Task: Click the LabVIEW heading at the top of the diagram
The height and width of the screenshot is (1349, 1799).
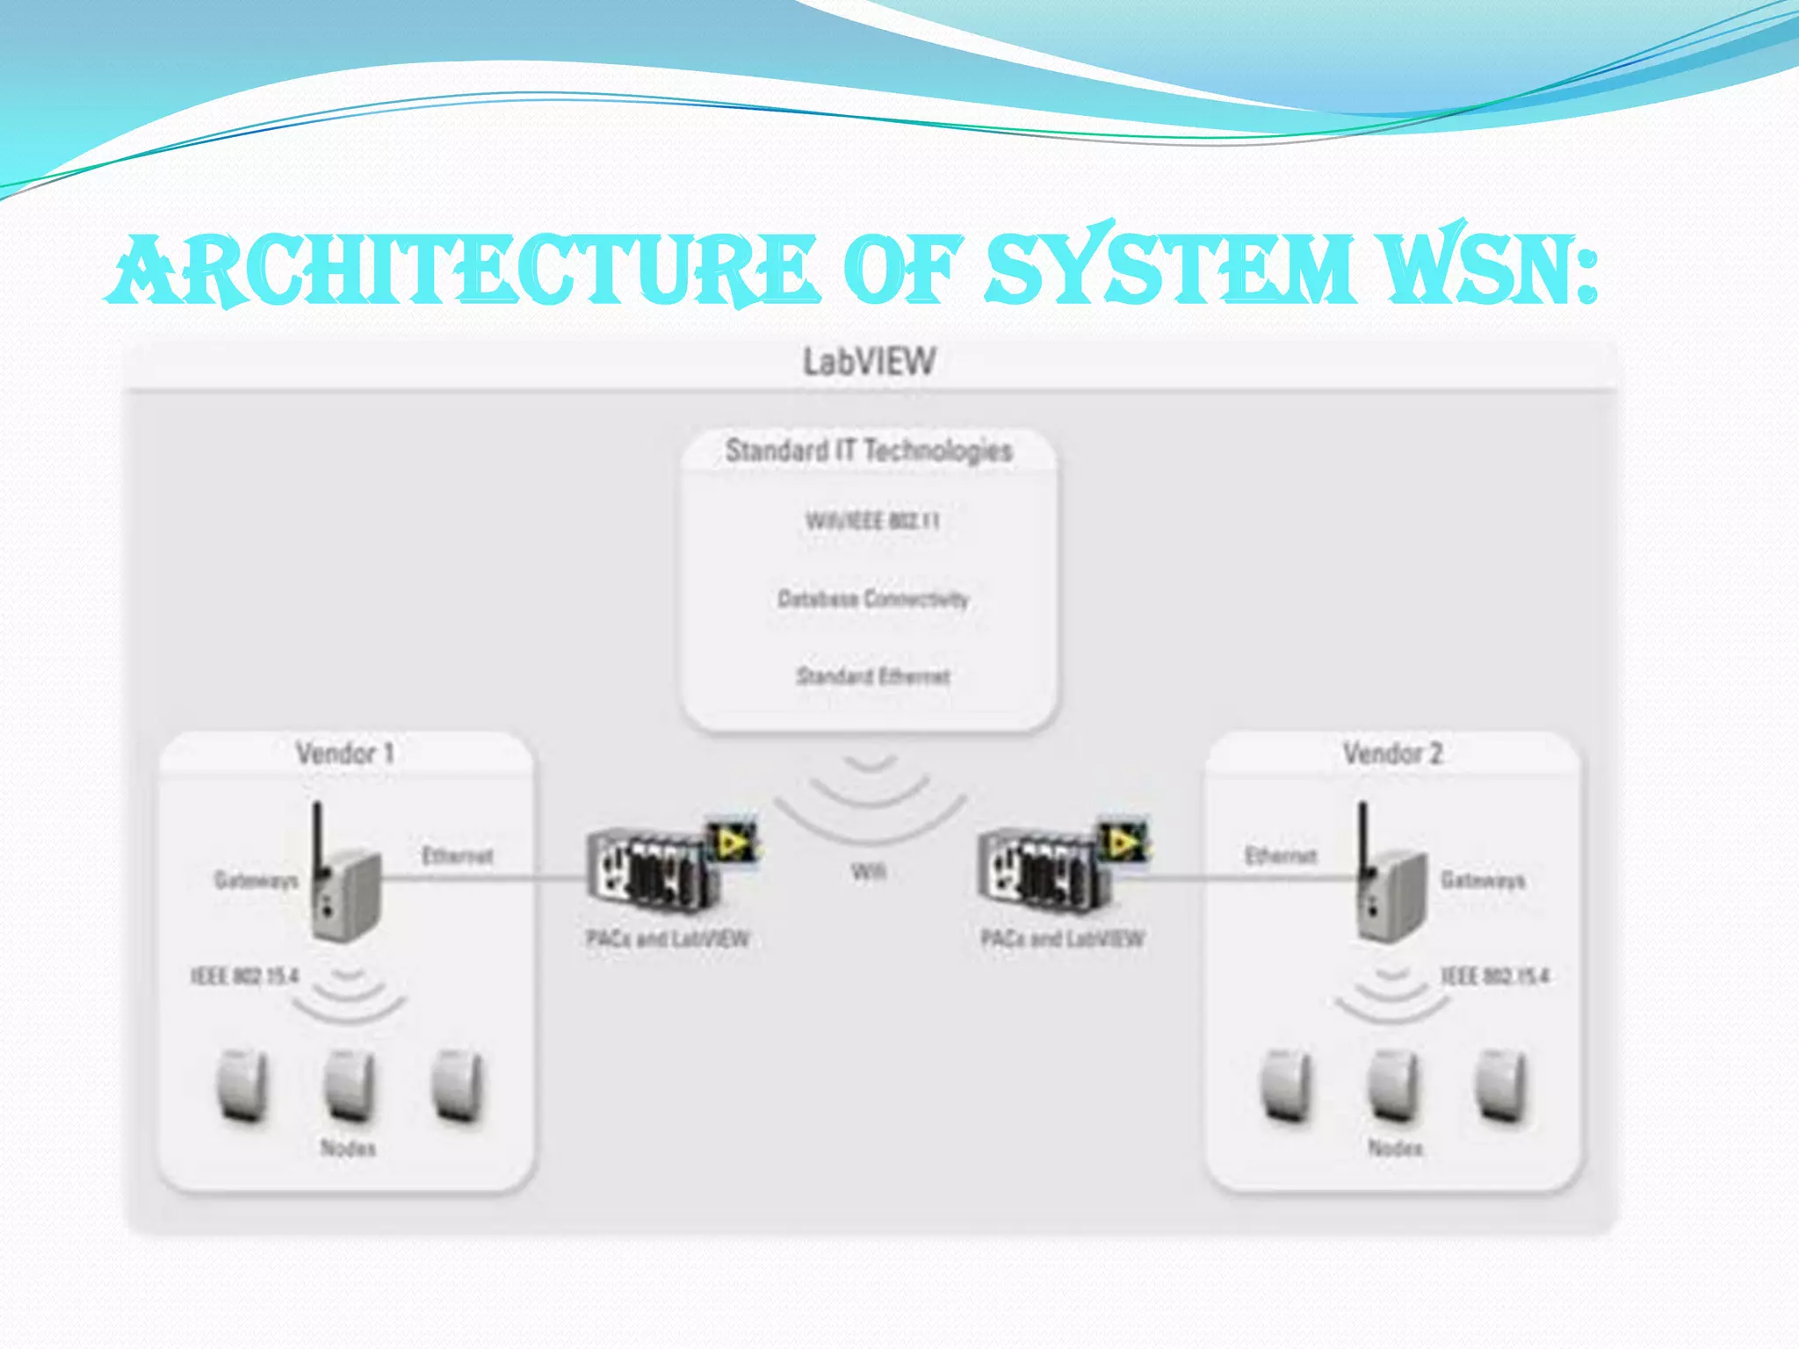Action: (870, 362)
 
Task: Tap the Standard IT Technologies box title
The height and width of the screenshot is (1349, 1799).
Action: (869, 451)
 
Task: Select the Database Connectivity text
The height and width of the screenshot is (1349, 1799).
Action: (873, 599)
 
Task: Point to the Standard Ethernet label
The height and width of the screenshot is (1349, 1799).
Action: (873, 676)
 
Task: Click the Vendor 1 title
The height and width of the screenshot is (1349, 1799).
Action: (344, 754)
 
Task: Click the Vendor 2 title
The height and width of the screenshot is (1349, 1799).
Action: (1392, 754)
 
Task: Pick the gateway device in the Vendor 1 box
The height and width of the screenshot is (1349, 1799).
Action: (344, 887)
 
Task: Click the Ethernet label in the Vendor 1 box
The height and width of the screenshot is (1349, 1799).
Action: (457, 856)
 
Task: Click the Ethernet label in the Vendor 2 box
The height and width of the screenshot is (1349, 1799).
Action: (1281, 856)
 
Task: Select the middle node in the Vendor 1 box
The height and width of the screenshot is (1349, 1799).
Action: (350, 1087)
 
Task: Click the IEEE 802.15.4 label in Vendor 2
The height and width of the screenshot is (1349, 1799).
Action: (1495, 977)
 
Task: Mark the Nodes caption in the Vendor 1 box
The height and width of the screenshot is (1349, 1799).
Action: (348, 1148)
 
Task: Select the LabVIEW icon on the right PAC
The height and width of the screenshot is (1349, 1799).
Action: (1123, 843)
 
